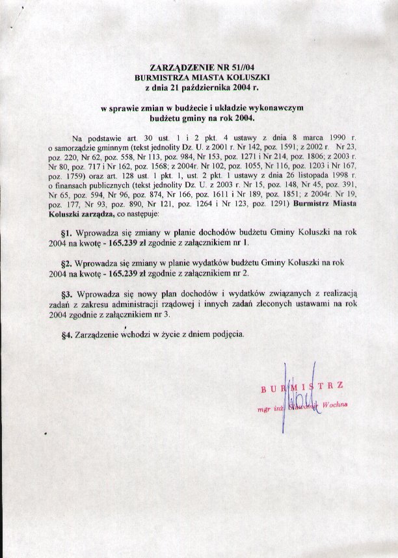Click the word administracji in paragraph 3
point(168,305)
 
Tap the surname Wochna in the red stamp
point(334,405)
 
